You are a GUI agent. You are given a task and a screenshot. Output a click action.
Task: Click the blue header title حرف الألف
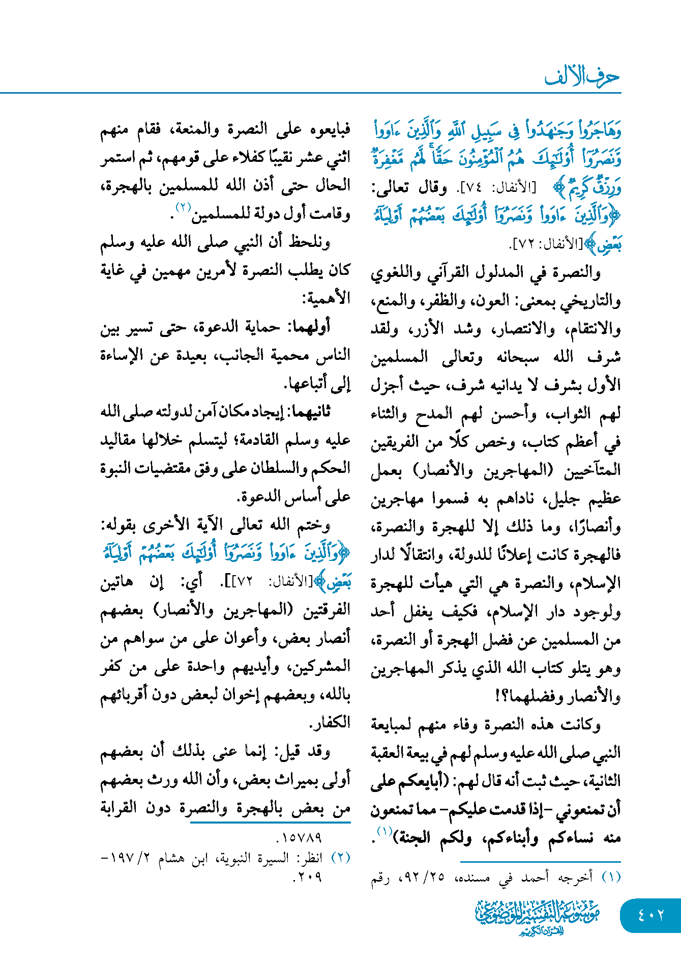click(582, 77)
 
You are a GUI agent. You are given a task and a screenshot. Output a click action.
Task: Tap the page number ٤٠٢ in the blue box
click(651, 915)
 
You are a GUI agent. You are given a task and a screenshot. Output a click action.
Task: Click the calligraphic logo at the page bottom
click(538, 917)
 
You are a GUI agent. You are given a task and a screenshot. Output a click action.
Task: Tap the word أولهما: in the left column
click(310, 327)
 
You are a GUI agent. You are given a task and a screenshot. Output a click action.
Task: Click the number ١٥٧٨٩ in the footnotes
click(300, 837)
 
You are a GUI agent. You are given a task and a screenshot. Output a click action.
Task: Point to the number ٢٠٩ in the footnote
click(308, 876)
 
